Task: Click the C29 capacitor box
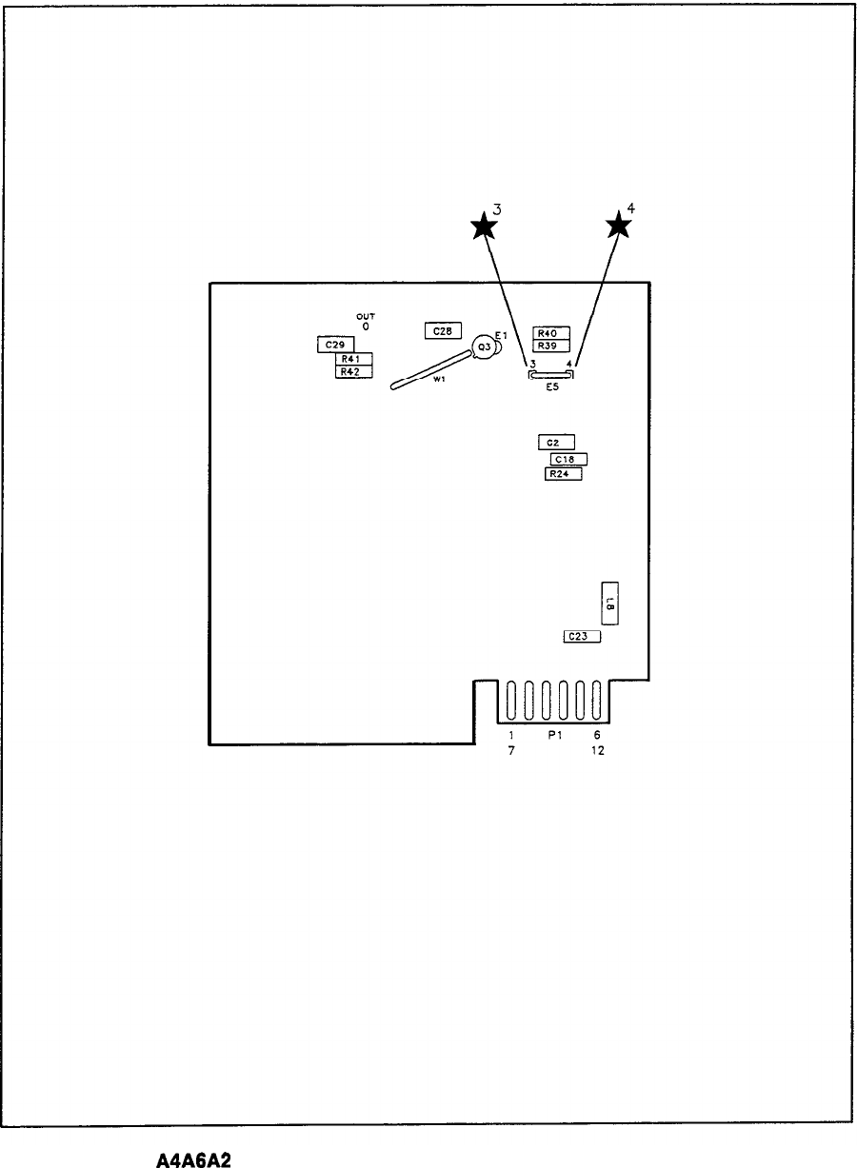click(x=334, y=344)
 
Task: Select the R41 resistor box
click(x=353, y=359)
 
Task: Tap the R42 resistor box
click(x=353, y=371)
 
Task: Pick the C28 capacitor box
click(x=443, y=331)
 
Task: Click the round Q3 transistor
click(x=485, y=347)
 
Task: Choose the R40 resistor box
click(x=551, y=333)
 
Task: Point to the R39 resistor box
click(x=551, y=346)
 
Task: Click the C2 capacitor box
click(x=555, y=443)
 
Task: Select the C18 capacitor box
click(x=568, y=459)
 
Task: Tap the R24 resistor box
click(x=563, y=474)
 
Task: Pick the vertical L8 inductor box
click(x=609, y=602)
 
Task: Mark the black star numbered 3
click(x=485, y=227)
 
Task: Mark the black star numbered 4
click(x=619, y=226)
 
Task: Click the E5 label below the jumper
click(x=552, y=387)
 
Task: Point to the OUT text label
click(x=365, y=318)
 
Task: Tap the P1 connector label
click(x=552, y=736)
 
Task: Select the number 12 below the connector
click(x=597, y=751)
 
